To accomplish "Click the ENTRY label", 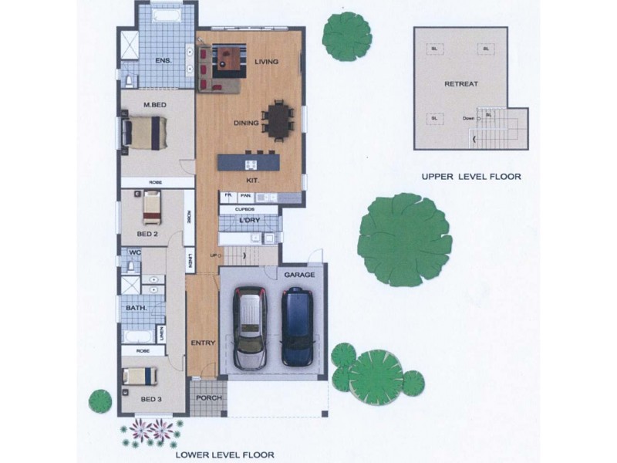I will tap(202, 342).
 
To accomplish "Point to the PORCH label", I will tap(208, 398).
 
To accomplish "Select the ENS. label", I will tap(163, 60).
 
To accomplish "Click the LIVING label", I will tap(266, 62).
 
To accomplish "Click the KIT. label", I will tap(252, 180).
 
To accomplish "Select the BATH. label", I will tap(135, 309).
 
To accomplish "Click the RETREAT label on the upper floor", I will tap(460, 83).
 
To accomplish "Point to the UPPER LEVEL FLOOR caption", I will tap(470, 177).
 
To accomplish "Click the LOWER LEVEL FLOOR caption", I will tap(224, 455).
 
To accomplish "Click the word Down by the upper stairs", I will tap(468, 118).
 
